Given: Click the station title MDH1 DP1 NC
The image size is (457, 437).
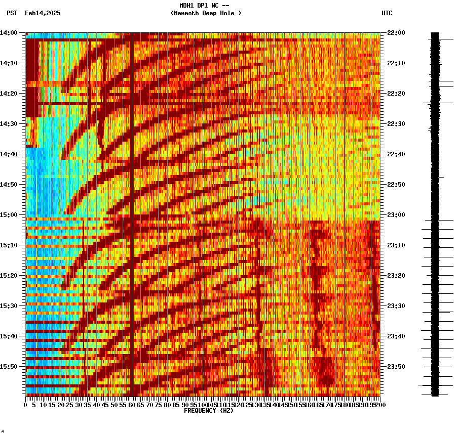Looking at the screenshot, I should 204,6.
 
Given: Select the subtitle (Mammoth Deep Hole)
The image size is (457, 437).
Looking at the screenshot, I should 206,13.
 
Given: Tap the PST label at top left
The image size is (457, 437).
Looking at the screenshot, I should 12,13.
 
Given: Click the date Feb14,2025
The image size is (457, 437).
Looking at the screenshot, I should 43,13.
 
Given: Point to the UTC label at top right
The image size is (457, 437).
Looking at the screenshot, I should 387,13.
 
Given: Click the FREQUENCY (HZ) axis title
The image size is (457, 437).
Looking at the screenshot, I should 209,411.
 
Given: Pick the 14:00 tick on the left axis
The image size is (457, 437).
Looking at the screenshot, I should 9,33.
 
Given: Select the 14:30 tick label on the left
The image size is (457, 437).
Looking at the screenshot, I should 9,124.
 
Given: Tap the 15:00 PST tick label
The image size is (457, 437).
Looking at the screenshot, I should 9,215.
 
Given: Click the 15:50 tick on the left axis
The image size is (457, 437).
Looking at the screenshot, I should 9,366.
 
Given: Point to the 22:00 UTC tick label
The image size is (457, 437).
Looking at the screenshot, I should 395,33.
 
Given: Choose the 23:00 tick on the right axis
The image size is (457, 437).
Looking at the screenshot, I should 395,215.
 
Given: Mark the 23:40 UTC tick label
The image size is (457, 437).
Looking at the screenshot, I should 395,336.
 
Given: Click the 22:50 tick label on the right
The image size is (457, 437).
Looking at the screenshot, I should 395,185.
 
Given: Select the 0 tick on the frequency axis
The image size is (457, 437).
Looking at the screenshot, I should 26,405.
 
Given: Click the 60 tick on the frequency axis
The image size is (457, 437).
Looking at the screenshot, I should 131,405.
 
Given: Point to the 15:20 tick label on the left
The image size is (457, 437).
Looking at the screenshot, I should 9,276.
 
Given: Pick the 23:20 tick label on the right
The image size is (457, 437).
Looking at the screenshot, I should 395,276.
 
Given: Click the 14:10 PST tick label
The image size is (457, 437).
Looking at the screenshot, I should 9,63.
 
